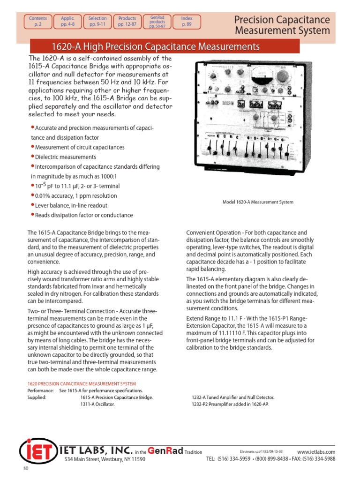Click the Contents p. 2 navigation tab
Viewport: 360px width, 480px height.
pos(38,22)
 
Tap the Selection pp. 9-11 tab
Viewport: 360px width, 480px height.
pos(97,22)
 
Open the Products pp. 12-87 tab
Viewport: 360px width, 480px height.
pos(127,22)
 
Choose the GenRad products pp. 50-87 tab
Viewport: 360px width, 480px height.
pos(157,22)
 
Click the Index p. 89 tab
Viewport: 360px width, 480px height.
pos(187,22)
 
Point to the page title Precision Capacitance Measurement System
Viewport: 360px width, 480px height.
pos(282,25)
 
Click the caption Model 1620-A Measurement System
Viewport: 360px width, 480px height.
pos(258,202)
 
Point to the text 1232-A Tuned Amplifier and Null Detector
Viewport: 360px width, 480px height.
pos(233,397)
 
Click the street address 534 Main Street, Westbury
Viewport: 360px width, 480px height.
pos(105,459)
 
